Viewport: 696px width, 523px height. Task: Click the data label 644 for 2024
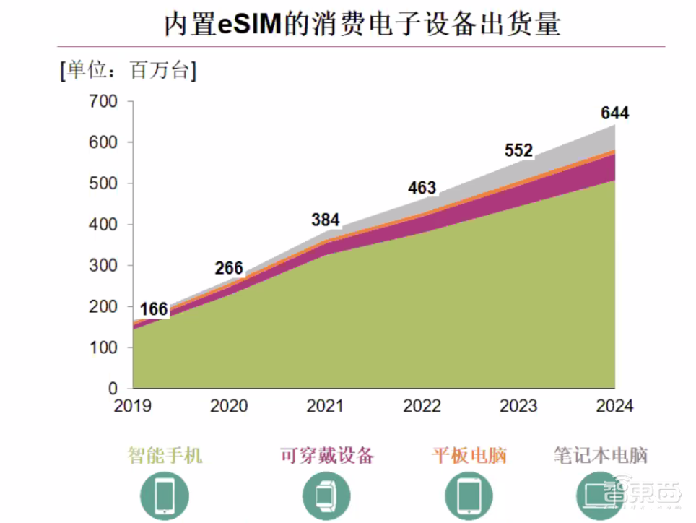pyautogui.click(x=614, y=113)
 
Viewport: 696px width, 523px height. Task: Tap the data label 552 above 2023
pyautogui.click(x=518, y=151)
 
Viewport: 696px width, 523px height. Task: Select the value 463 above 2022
pyautogui.click(x=422, y=189)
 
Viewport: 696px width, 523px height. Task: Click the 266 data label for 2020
pyautogui.click(x=229, y=268)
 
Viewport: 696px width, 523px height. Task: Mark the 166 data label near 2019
pyautogui.click(x=153, y=310)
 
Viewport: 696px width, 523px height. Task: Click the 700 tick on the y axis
pyautogui.click(x=103, y=102)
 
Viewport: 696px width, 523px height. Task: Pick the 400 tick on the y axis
pyautogui.click(x=103, y=225)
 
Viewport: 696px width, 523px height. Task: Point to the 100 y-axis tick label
pyautogui.click(x=103, y=347)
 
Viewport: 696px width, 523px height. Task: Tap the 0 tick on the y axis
pyautogui.click(x=113, y=389)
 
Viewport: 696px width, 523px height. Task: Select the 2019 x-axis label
pyautogui.click(x=133, y=406)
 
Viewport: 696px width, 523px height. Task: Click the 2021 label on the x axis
pyautogui.click(x=325, y=406)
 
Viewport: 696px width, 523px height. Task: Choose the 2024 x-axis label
pyautogui.click(x=614, y=406)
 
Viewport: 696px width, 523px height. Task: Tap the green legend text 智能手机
pyautogui.click(x=165, y=456)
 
